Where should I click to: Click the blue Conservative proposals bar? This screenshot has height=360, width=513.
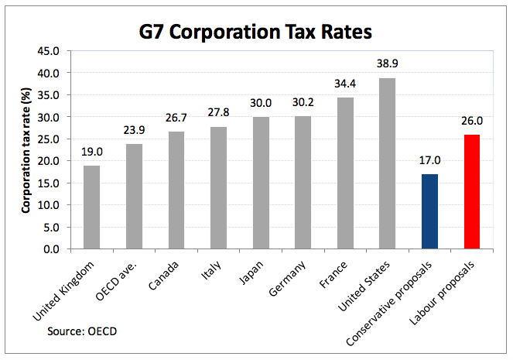click(x=429, y=211)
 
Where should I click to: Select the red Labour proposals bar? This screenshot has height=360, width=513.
click(x=472, y=192)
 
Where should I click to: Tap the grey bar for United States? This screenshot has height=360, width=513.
click(x=388, y=163)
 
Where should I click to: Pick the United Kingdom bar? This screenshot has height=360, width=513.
click(x=91, y=207)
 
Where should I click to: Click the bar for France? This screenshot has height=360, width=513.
click(x=346, y=173)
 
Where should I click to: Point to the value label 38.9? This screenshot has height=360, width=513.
click(x=388, y=63)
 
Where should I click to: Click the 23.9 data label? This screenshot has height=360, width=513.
click(x=134, y=130)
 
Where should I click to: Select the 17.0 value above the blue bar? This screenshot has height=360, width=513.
click(x=429, y=160)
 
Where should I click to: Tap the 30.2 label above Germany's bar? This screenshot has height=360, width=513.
click(x=303, y=102)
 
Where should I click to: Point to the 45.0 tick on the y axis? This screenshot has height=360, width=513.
click(x=49, y=51)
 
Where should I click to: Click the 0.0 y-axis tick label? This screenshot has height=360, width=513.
click(x=51, y=249)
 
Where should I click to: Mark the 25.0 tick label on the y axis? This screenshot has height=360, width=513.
click(x=49, y=139)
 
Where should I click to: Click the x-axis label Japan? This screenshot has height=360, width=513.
click(x=251, y=273)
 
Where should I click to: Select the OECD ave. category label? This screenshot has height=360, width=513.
click(x=116, y=281)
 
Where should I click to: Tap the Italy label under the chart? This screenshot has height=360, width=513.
click(x=211, y=270)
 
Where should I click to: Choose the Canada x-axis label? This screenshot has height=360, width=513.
click(x=163, y=276)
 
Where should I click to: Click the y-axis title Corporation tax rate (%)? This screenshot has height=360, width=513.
click(x=26, y=150)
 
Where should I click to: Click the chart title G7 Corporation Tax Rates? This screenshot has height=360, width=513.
click(x=255, y=32)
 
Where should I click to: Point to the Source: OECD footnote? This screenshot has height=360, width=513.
click(x=82, y=331)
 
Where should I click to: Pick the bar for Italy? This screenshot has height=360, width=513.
click(x=218, y=188)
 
